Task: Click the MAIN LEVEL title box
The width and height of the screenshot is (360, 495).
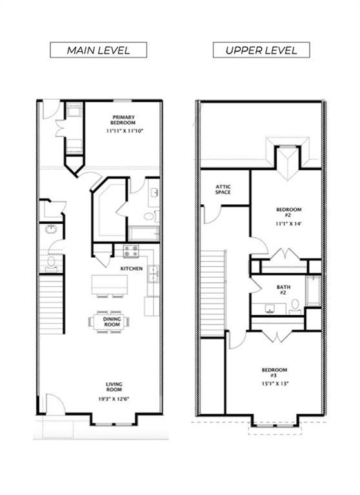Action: pyautogui.click(x=98, y=50)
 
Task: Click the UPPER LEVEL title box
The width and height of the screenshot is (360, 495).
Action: pyautogui.click(x=261, y=50)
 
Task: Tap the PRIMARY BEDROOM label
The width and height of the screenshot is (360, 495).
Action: pyautogui.click(x=123, y=120)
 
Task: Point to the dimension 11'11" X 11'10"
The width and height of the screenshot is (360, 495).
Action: pyautogui.click(x=125, y=130)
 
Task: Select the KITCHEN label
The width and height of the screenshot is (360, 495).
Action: pyautogui.click(x=132, y=269)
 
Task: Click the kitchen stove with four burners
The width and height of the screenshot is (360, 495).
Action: pyautogui.click(x=131, y=251)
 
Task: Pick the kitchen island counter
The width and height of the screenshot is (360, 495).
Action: pyautogui.click(x=110, y=285)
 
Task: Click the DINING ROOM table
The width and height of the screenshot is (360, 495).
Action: pyautogui.click(x=109, y=322)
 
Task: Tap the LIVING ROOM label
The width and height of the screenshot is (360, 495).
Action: pyautogui.click(x=114, y=387)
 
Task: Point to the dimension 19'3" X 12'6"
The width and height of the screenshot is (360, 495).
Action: pyautogui.click(x=114, y=399)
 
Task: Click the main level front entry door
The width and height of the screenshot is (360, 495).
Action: pyautogui.click(x=55, y=404)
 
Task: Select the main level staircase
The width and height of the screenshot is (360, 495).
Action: pyautogui.click(x=51, y=304)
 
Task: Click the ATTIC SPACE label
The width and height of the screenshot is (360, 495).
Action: pyautogui.click(x=223, y=189)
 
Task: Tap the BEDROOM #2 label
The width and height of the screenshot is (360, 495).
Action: pyautogui.click(x=288, y=212)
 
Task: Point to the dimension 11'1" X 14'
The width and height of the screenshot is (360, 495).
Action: pyautogui.click(x=289, y=224)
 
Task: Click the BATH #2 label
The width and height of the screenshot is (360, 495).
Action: pyautogui.click(x=283, y=290)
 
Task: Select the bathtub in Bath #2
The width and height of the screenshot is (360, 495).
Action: pyautogui.click(x=313, y=291)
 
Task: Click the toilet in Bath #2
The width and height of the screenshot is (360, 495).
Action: pyautogui.click(x=295, y=307)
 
